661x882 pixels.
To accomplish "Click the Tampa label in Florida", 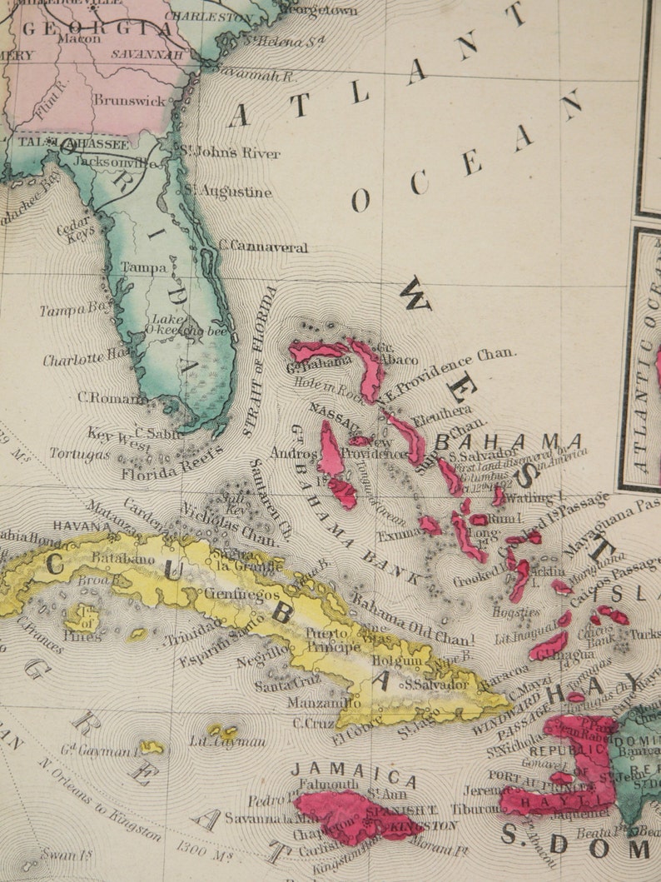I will pos(144,268).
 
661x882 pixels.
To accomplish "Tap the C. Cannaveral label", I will pos(263,247).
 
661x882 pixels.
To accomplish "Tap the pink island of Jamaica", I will pos(350,816).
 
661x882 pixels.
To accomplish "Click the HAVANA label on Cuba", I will pos(82,526).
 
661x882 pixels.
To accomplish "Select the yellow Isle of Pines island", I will pos(85,620).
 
